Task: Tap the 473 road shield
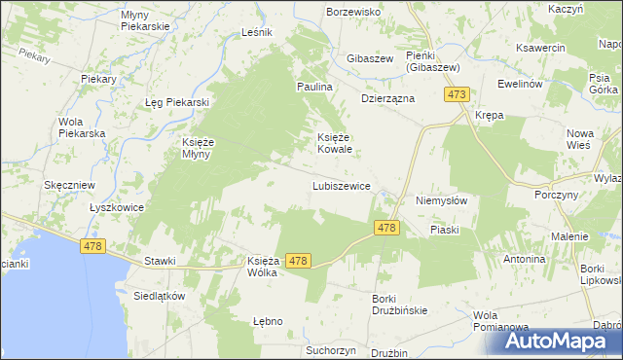[458, 94]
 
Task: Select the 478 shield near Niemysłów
[386, 228]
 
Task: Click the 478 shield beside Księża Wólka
[298, 261]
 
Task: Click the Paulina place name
[315, 88]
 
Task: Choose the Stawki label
[160, 261]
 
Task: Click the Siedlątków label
[159, 297]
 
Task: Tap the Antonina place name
[524, 260]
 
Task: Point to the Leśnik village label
[256, 32]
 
